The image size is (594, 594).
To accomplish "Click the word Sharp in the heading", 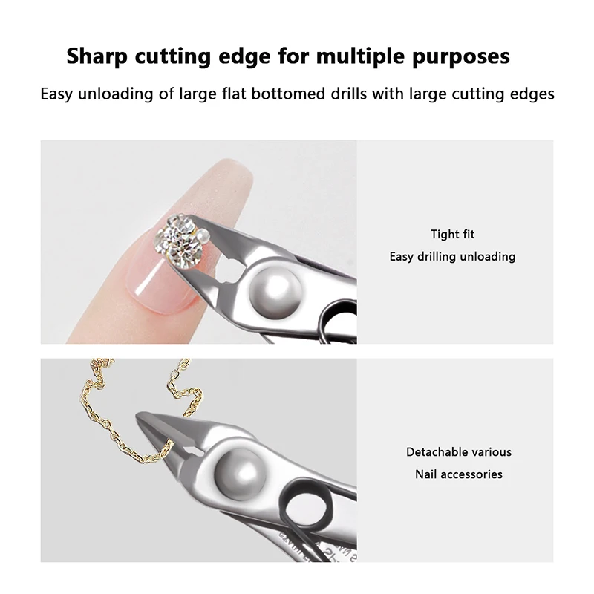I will (x=97, y=56).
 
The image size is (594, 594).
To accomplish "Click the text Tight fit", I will (x=452, y=234).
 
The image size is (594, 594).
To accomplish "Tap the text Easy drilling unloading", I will (x=452, y=256).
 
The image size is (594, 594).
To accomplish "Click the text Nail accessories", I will (x=458, y=474).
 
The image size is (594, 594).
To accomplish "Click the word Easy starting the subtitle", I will (x=56, y=94).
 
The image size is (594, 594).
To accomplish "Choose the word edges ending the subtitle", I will (x=532, y=94).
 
